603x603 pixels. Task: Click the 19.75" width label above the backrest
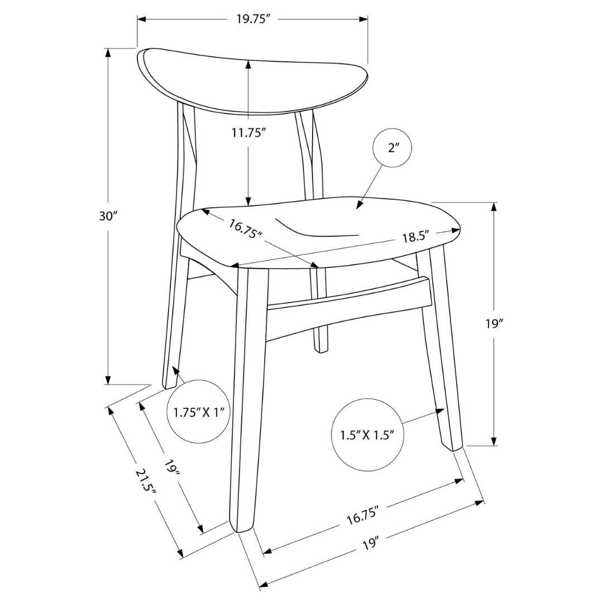tap(253, 19)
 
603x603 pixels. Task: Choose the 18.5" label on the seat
tap(414, 236)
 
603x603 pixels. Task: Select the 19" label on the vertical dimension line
tap(494, 324)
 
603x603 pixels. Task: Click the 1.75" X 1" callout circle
tap(198, 412)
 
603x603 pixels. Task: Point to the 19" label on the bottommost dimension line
tap(368, 541)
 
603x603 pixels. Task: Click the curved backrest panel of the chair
tap(251, 81)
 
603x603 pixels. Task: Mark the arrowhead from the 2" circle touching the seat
tap(358, 207)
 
